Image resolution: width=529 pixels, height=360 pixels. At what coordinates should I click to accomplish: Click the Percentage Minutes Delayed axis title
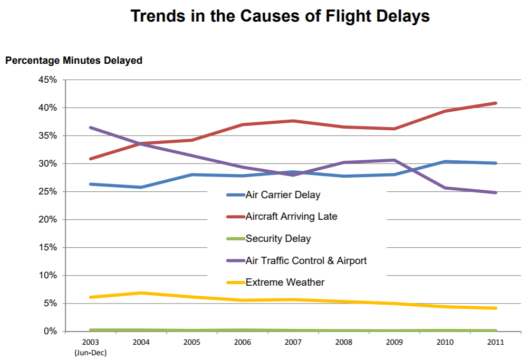[x=74, y=61]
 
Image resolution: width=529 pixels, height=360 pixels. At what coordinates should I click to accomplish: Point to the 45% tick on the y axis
[x=46, y=80]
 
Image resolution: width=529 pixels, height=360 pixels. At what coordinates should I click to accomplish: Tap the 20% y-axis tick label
[x=46, y=220]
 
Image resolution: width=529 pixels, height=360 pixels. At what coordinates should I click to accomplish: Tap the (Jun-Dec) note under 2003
[x=91, y=353]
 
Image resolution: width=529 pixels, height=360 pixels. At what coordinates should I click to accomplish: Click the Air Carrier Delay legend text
[x=283, y=195]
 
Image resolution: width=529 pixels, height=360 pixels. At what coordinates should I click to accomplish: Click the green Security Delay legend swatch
[x=235, y=239]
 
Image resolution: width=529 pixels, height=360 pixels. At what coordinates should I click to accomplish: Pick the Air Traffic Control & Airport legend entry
[x=306, y=260]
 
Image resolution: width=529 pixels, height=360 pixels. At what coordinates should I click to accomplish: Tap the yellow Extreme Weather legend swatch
[x=235, y=283]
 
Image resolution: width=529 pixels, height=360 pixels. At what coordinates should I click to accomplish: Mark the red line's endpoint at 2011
[x=496, y=103]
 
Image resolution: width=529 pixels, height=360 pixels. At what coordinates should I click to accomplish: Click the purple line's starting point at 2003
[x=91, y=128]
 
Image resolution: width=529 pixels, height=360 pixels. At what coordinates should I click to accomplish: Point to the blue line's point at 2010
[x=445, y=161]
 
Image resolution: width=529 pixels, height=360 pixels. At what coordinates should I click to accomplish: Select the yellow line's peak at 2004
[x=141, y=293]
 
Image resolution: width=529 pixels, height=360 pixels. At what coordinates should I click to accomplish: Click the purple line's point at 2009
[x=395, y=160]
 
